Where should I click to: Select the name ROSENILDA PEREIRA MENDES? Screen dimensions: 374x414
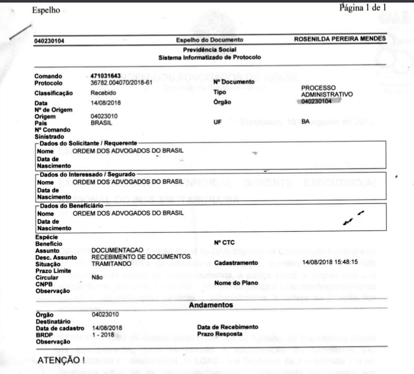click(340, 39)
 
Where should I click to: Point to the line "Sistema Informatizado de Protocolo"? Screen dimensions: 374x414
click(210, 58)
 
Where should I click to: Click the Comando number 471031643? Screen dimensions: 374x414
click(106, 76)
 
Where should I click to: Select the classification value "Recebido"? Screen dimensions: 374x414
click(102, 92)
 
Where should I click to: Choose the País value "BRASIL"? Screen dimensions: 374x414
click(102, 123)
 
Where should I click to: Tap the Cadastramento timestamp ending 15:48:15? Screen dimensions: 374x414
click(330, 262)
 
